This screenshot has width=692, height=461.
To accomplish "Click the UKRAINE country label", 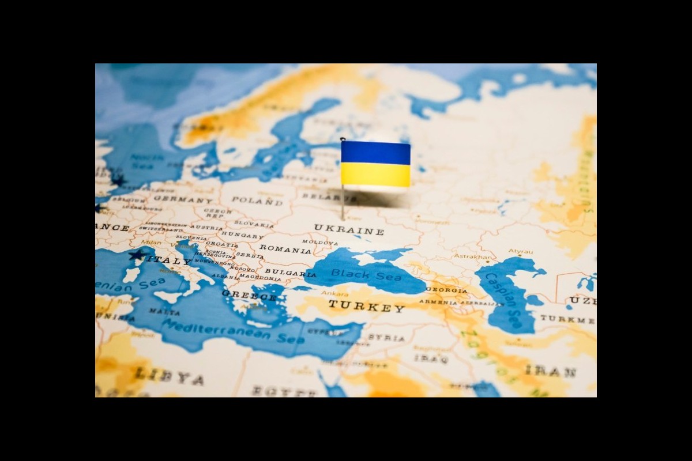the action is pyautogui.click(x=349, y=229).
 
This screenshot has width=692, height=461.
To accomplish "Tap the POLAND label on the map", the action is pyautogui.click(x=257, y=201).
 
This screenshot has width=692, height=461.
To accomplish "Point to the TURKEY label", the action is pyautogui.click(x=367, y=306).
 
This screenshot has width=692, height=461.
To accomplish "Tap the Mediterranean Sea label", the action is pyautogui.click(x=233, y=331).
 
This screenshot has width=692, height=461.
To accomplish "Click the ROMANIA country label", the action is pyautogui.click(x=285, y=249).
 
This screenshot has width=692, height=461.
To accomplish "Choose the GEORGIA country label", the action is pyautogui.click(x=446, y=290).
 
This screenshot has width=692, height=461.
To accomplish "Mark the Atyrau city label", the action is pyautogui.click(x=520, y=251).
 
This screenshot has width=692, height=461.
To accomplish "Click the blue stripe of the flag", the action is pyautogui.click(x=375, y=152).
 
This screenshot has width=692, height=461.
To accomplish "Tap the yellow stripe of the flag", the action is pyautogui.click(x=375, y=175).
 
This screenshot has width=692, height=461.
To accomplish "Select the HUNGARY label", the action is pyautogui.click(x=242, y=235).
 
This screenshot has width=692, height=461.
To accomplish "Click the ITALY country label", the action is pyautogui.click(x=168, y=260).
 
